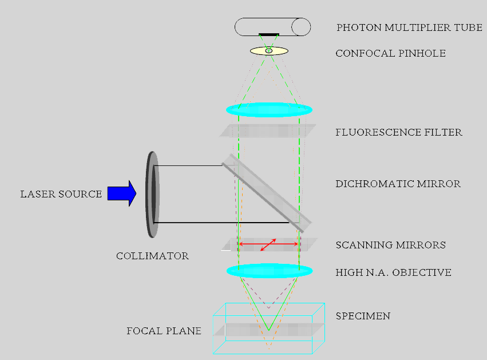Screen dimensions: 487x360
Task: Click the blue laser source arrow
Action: pos(122,193)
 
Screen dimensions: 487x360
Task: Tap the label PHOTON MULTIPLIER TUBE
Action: pos(409,27)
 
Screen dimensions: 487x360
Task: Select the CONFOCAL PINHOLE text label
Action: pos(390,53)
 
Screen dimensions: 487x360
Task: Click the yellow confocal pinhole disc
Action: pos(270,50)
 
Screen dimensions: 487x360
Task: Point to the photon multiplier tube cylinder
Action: pos(273,27)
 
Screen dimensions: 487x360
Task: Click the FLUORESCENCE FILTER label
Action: pos(399,132)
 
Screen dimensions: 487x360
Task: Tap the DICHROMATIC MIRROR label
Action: pos(398,184)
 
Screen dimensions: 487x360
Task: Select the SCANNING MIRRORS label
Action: pos(391,245)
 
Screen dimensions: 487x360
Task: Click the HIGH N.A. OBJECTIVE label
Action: pos(394,272)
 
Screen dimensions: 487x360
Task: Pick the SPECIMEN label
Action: pos(363,316)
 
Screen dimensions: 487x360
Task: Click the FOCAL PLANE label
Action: pos(164,331)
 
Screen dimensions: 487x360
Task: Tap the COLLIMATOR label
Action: pos(152,256)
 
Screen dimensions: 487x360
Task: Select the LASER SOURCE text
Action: pos(61,194)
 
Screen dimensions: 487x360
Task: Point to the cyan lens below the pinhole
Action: pos(269,110)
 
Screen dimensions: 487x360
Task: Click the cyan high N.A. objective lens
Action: pos(270,271)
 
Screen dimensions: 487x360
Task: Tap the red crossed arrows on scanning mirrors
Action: pos(268,244)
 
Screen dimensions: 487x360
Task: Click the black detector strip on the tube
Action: pos(269,34)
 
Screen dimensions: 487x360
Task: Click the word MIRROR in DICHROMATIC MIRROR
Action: pos(438,184)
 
